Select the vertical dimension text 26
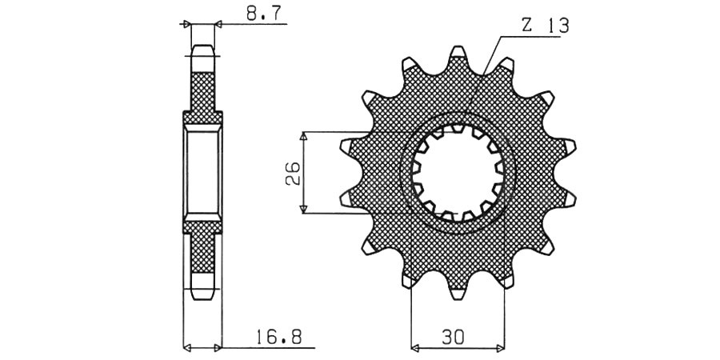point(293,173)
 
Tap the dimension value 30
point(454,338)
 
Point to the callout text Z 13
point(545,26)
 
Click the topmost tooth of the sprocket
point(458,52)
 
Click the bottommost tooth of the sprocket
point(458,294)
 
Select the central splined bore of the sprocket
point(458,173)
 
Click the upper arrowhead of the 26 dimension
point(303,136)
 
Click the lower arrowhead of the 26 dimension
point(303,210)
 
